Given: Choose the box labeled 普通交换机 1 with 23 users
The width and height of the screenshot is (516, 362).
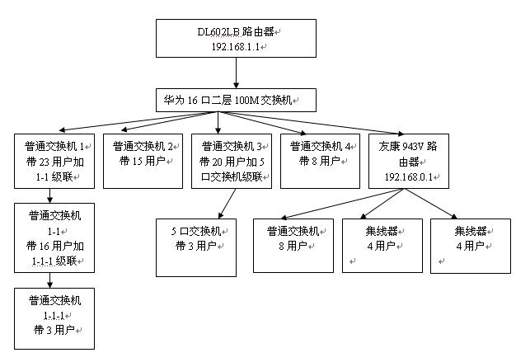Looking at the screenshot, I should [54, 159].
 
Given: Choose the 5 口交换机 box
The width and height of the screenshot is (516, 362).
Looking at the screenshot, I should [196, 247].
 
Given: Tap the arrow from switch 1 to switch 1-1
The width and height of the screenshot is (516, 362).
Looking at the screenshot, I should [52, 196].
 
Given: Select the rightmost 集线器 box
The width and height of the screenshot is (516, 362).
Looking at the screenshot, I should [469, 245].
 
